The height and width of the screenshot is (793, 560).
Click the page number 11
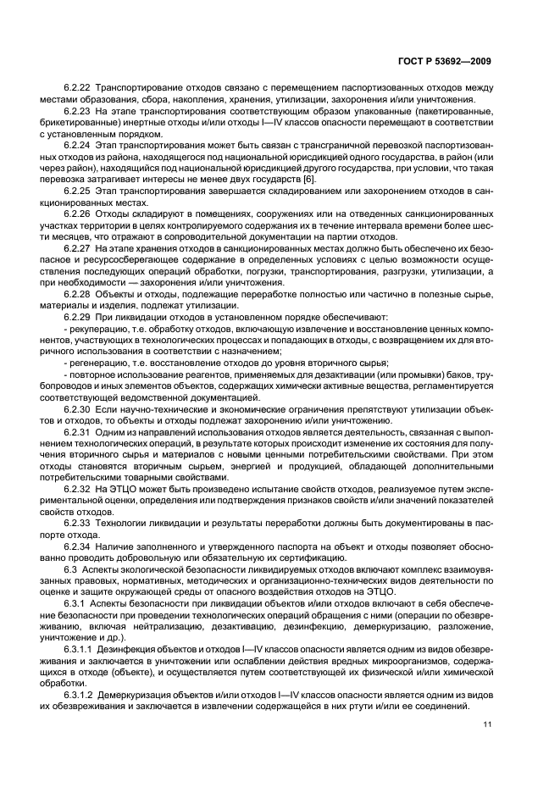(x=487, y=724)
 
